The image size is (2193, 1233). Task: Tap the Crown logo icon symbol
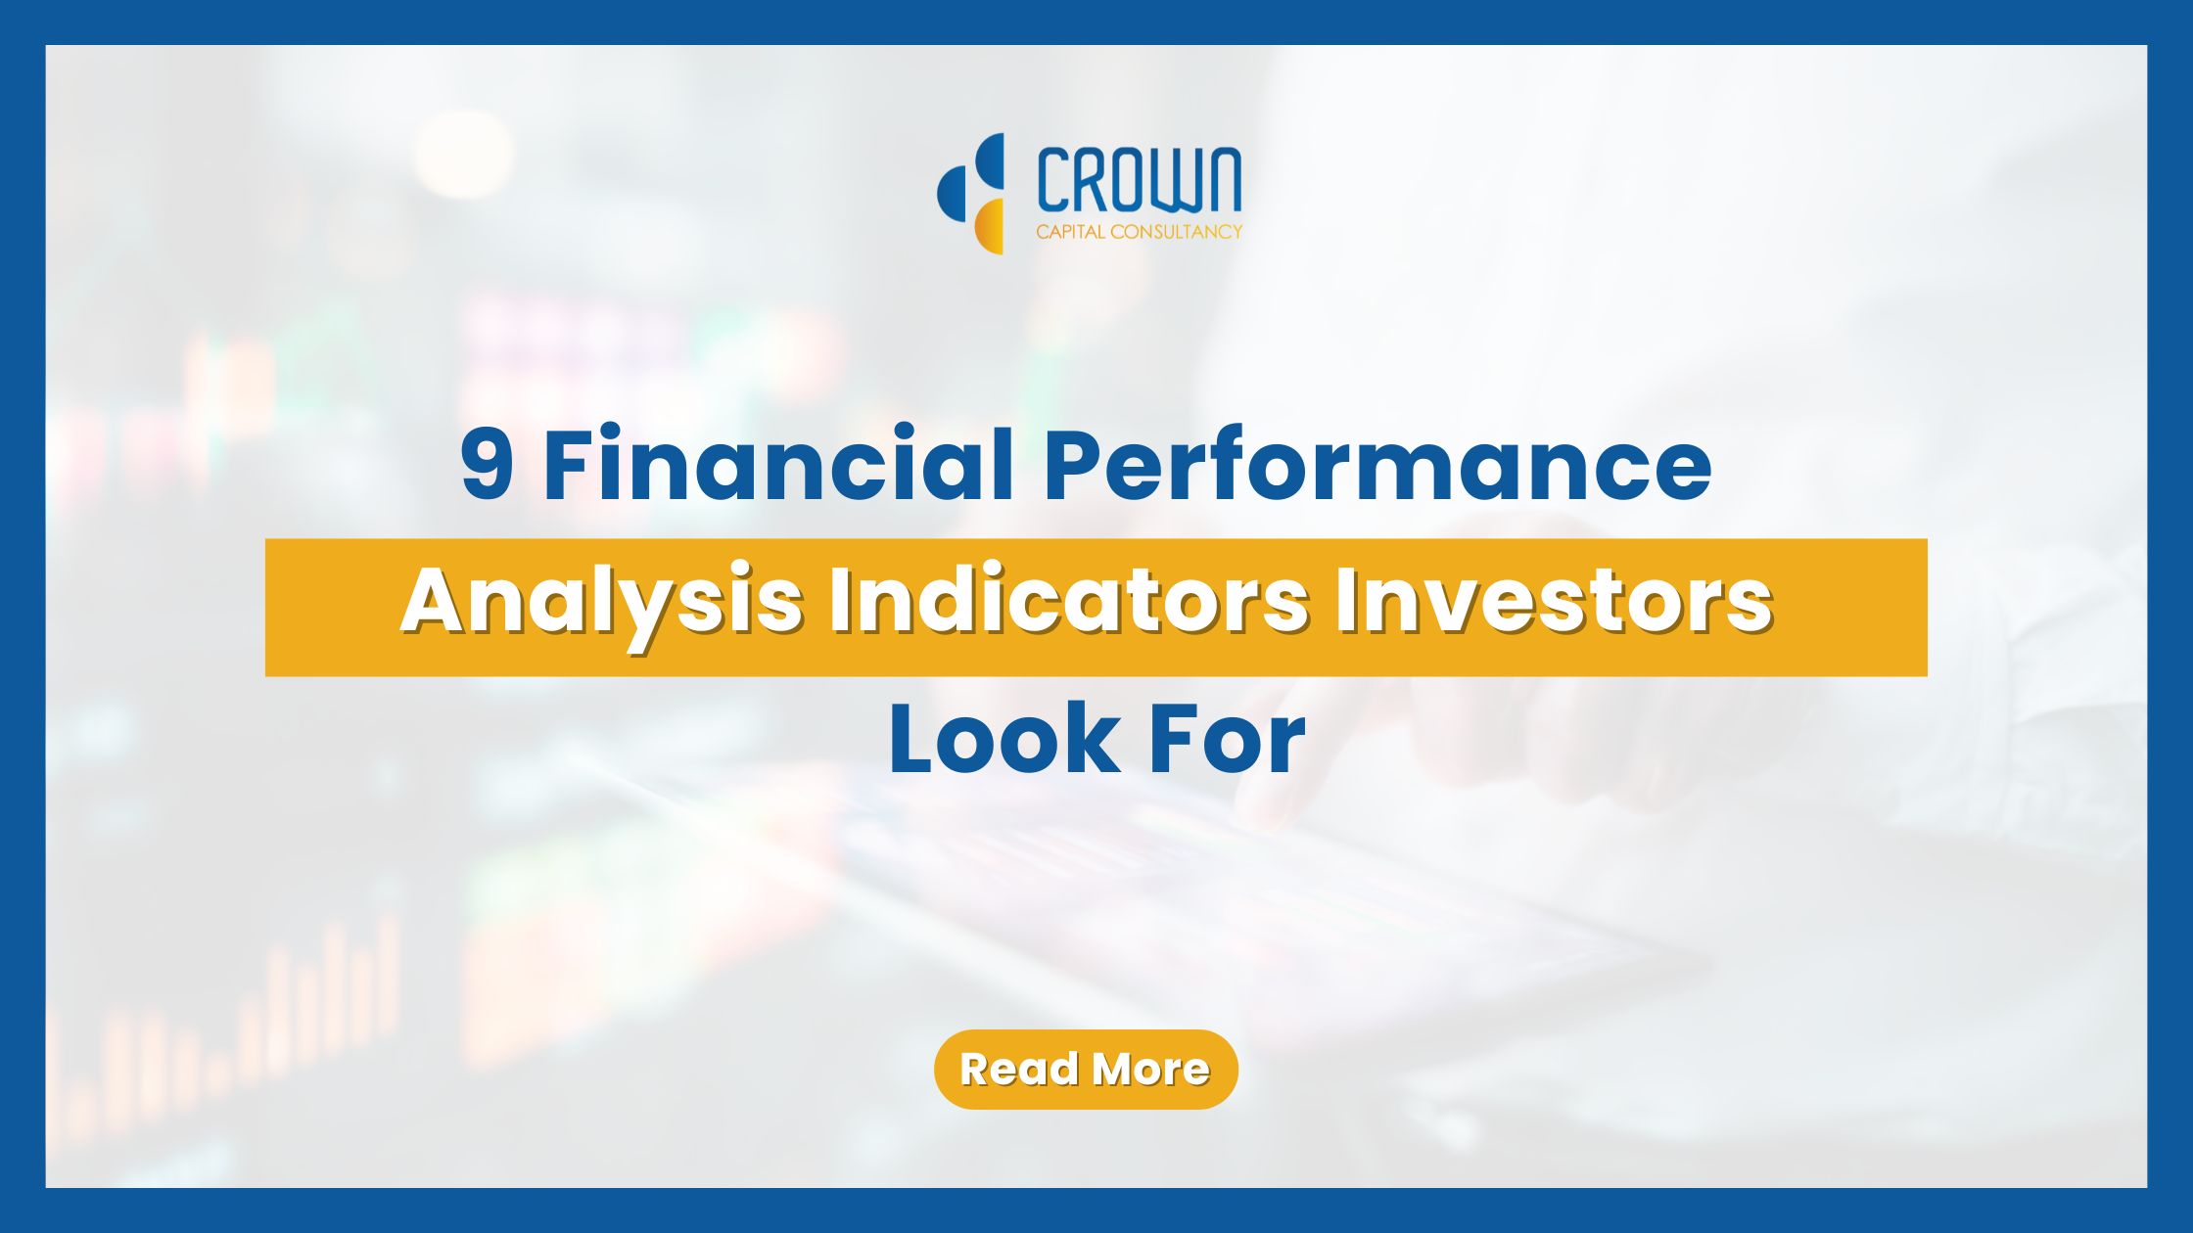point(971,193)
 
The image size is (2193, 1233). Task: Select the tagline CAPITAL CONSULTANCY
point(1139,232)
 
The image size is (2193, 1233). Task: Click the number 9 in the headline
point(487,464)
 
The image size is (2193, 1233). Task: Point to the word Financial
point(777,462)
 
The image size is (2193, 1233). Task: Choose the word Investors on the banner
point(1554,601)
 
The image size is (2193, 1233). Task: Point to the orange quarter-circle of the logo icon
point(989,227)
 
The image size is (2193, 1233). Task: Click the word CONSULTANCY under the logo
point(1177,232)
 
